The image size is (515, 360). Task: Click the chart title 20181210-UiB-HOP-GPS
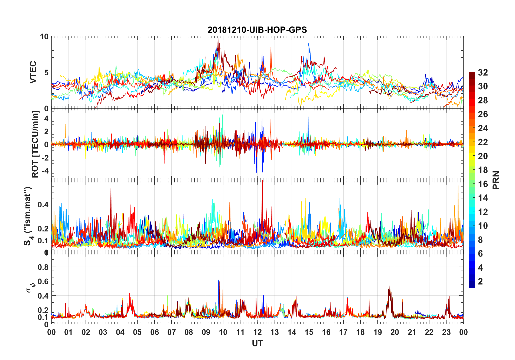[x=257, y=30]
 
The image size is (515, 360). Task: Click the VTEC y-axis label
[x=33, y=72]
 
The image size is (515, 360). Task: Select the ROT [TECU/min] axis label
[x=35, y=144]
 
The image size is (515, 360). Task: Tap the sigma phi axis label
[x=31, y=287]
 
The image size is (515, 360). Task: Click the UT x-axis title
[x=257, y=343]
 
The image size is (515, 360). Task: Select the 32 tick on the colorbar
[x=483, y=73]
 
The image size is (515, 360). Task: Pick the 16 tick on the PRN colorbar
[x=483, y=184]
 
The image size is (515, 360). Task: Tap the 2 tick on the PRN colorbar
[x=480, y=282]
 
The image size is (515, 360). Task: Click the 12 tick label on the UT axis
[x=257, y=332]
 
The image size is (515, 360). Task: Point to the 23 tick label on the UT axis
[x=446, y=332]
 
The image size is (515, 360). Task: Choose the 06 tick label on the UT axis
[x=154, y=332]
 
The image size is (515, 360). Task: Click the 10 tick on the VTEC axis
[x=44, y=37]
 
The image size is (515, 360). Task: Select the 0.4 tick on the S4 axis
[x=43, y=205]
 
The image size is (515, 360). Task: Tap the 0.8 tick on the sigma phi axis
[x=43, y=267]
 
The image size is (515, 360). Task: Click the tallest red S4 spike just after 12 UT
[x=262, y=181]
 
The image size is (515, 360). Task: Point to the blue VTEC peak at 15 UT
[x=309, y=44]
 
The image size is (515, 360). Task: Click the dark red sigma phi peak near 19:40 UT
[x=389, y=286]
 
